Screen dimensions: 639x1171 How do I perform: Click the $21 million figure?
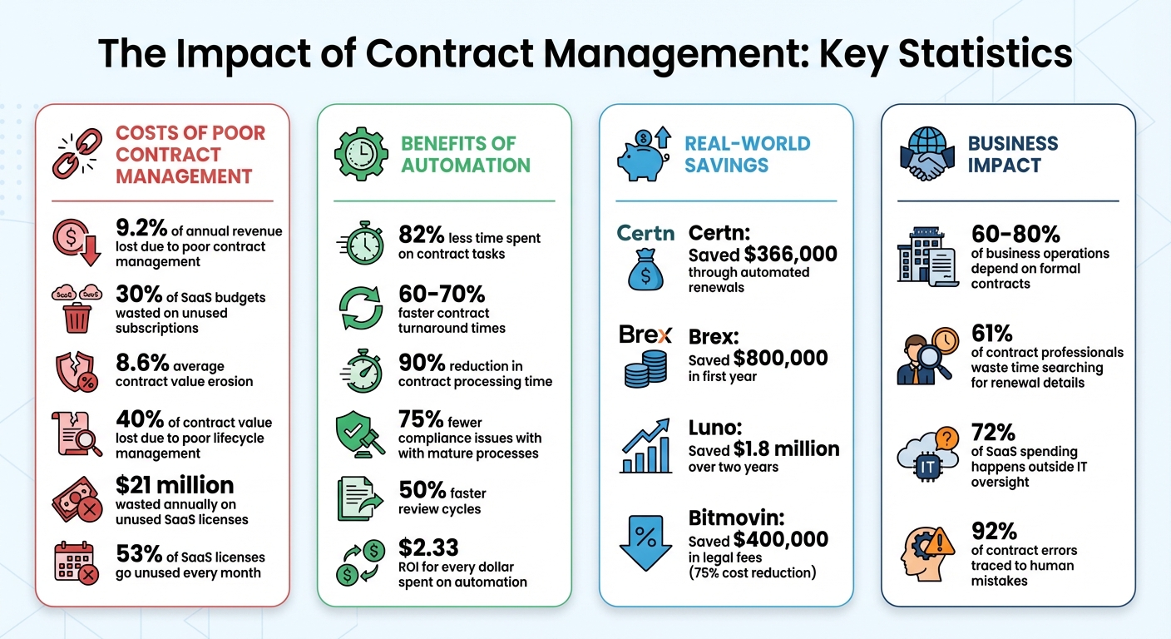(174, 485)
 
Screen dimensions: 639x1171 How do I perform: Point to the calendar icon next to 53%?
(77, 562)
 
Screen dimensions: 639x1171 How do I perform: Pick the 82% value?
(422, 235)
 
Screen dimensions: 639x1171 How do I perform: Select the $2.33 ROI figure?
(427, 548)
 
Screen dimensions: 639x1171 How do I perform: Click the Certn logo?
(645, 233)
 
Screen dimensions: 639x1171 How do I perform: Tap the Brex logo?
(645, 336)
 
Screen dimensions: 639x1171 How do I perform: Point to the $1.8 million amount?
(785, 449)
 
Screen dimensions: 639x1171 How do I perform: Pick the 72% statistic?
(993, 433)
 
